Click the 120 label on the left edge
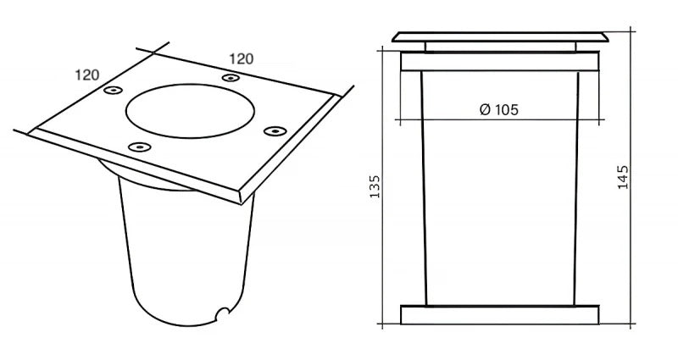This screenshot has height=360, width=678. [x=88, y=74]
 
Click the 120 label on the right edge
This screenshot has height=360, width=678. [x=242, y=59]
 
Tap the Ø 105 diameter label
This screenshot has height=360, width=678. [x=498, y=109]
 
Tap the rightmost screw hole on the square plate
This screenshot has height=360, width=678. [x=273, y=130]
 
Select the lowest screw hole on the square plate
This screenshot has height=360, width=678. [x=136, y=147]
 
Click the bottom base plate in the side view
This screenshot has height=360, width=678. [x=500, y=314]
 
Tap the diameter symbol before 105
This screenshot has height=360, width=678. [x=484, y=109]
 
